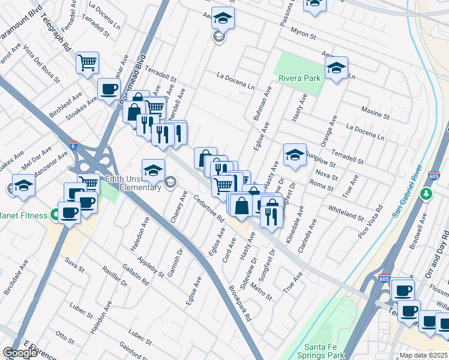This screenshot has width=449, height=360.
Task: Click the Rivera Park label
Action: point(300,77)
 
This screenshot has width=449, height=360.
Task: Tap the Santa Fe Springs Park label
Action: point(325,351)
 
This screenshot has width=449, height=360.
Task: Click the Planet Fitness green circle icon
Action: point(55,214)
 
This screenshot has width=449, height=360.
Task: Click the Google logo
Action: point(20,353)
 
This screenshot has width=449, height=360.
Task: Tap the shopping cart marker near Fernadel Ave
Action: point(88,62)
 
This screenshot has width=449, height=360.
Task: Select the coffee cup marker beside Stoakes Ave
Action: point(109,89)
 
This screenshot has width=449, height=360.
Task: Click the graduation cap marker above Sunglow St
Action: point(295,155)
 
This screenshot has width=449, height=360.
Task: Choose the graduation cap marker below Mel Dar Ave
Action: point(23,185)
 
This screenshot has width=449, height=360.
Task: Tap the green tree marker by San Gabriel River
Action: point(426,194)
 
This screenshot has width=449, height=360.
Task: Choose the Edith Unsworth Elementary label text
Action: point(133,182)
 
